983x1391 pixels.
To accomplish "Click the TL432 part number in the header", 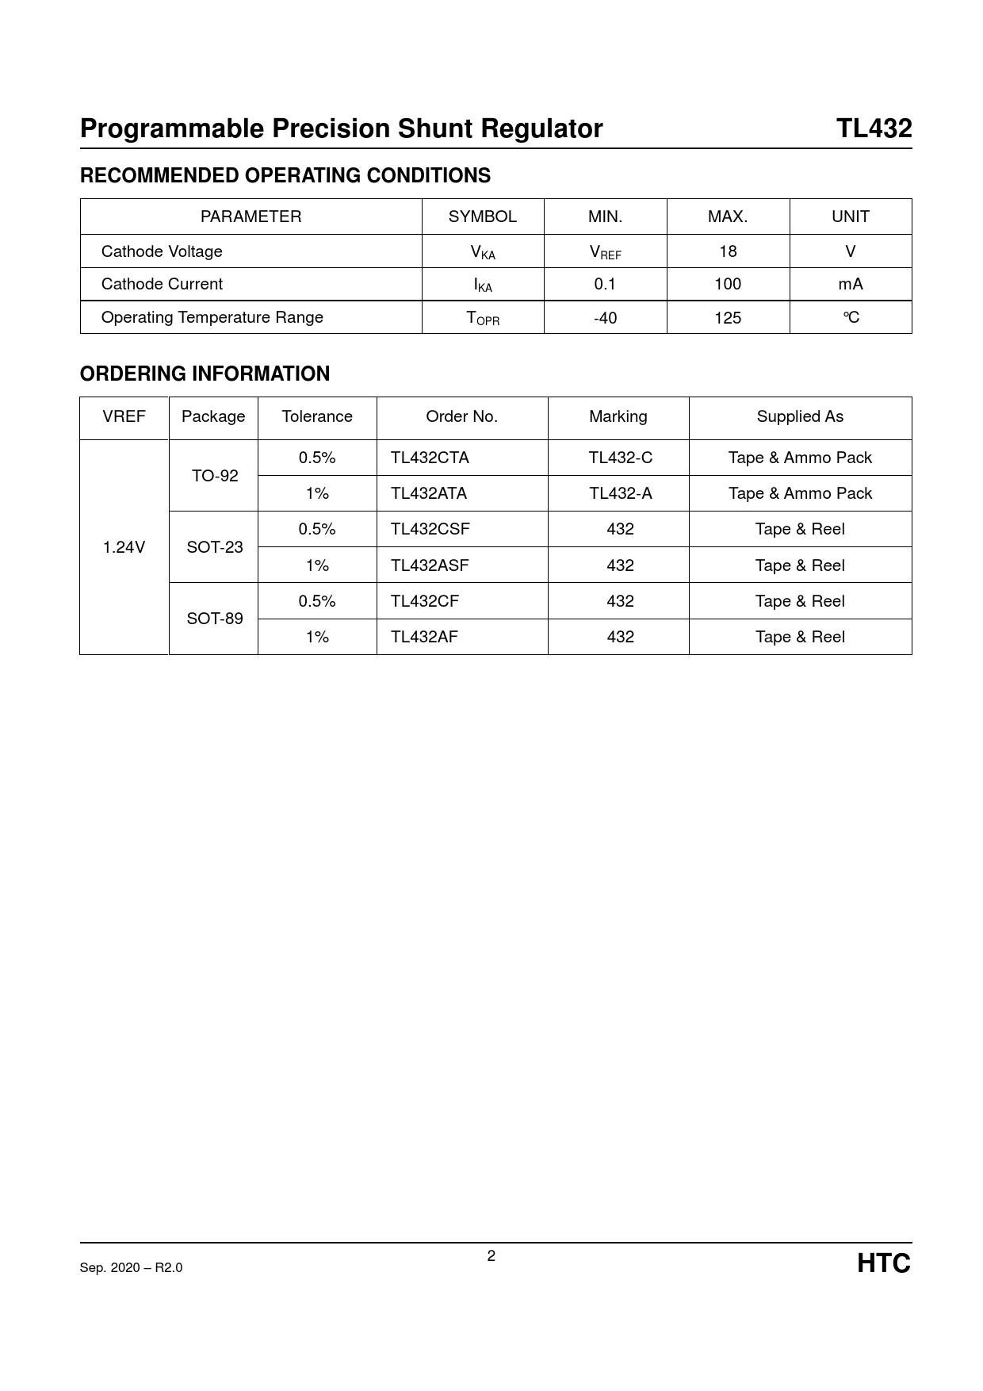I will pyautogui.click(x=874, y=128).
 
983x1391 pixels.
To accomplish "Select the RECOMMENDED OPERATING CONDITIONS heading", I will pyautogui.click(x=285, y=175).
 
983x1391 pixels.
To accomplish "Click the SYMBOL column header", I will pyautogui.click(x=482, y=217).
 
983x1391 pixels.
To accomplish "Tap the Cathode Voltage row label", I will pyautogui.click(x=162, y=251).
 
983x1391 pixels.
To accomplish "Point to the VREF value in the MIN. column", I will pyautogui.click(x=605, y=252).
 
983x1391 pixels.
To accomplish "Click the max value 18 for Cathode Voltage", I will pyautogui.click(x=728, y=251).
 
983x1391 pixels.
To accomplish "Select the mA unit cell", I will pyautogui.click(x=851, y=284).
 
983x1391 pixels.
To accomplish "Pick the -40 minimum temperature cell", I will pyautogui.click(x=605, y=317).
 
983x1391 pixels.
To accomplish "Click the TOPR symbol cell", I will pyautogui.click(x=483, y=318).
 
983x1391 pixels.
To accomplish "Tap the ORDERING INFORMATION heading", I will pyautogui.click(x=205, y=374).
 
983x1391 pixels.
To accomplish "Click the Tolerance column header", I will pyautogui.click(x=317, y=416).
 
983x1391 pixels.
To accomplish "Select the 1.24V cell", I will pyautogui.click(x=124, y=547).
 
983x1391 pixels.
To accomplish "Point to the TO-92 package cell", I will pyautogui.click(x=214, y=476).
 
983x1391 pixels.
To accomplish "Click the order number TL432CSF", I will pyautogui.click(x=430, y=529).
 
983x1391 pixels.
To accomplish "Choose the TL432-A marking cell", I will pyautogui.click(x=620, y=493).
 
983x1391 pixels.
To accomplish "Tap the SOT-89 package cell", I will pyautogui.click(x=214, y=619).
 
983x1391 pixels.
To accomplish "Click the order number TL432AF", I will pyautogui.click(x=424, y=637).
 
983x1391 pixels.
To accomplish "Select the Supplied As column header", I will pyautogui.click(x=800, y=416).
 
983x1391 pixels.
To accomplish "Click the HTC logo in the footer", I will pyautogui.click(x=883, y=1263).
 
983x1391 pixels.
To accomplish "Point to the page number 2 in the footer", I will pyautogui.click(x=491, y=1255).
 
